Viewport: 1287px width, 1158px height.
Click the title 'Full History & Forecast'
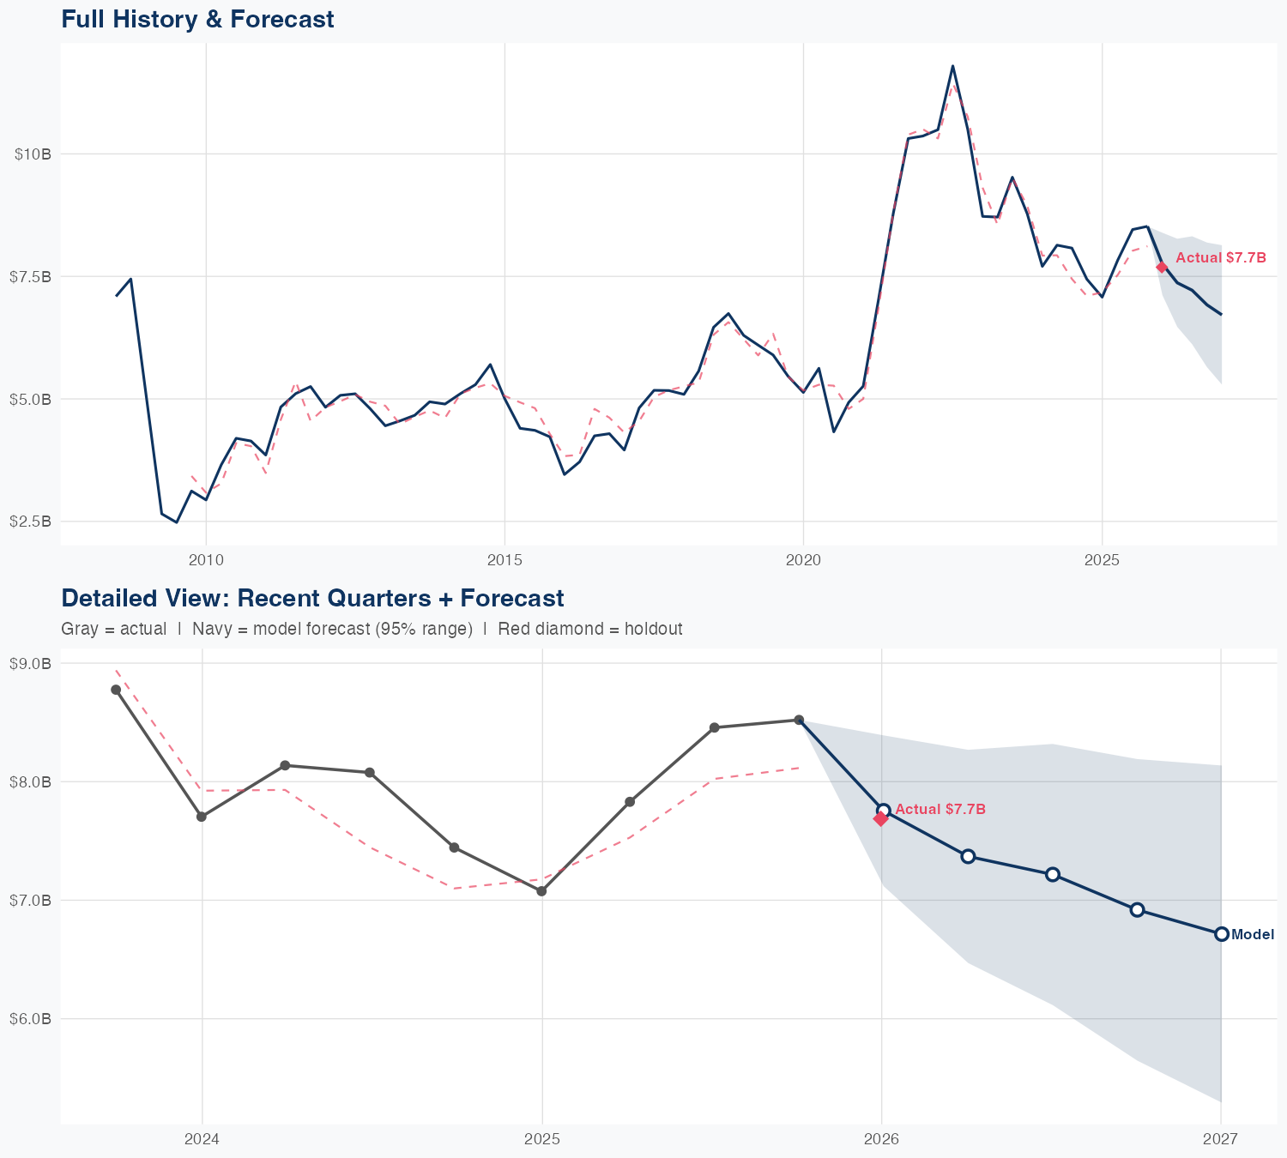197,19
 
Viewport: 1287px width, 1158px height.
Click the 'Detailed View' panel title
312,598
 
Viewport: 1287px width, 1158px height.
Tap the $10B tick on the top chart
33,154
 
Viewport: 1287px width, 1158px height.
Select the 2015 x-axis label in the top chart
505,560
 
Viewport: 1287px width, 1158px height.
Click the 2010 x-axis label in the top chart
206,560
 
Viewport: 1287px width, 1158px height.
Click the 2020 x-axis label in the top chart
803,560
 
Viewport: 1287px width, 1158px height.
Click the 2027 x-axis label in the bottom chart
1220,1139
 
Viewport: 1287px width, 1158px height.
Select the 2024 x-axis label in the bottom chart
202,1139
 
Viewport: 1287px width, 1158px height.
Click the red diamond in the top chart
1162,268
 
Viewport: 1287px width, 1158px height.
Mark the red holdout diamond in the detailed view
880,819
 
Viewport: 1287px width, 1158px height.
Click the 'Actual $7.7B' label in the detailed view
940,810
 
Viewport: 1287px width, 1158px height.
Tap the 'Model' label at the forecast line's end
1253,935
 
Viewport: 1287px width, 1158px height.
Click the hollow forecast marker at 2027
1222,934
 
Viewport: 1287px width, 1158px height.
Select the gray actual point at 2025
541,891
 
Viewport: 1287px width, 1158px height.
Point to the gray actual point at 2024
202,817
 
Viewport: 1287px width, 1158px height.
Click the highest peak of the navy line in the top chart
952,66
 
